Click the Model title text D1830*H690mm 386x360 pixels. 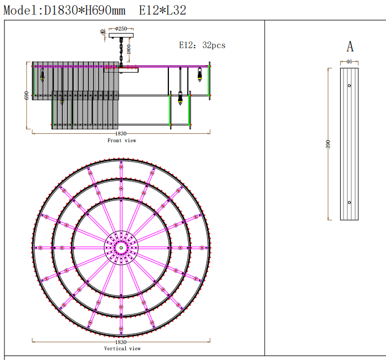[x=84, y=10]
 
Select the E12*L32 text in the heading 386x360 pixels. [x=163, y=10]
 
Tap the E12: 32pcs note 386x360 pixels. [x=202, y=45]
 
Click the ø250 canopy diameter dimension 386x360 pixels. [x=121, y=29]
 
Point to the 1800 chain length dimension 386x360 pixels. [x=129, y=49]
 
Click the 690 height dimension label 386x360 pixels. [x=26, y=96]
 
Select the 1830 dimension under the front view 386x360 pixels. [x=121, y=133]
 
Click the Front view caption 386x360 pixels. [x=122, y=141]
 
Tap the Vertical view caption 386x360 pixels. [x=122, y=349]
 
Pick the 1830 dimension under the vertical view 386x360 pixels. [x=121, y=342]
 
